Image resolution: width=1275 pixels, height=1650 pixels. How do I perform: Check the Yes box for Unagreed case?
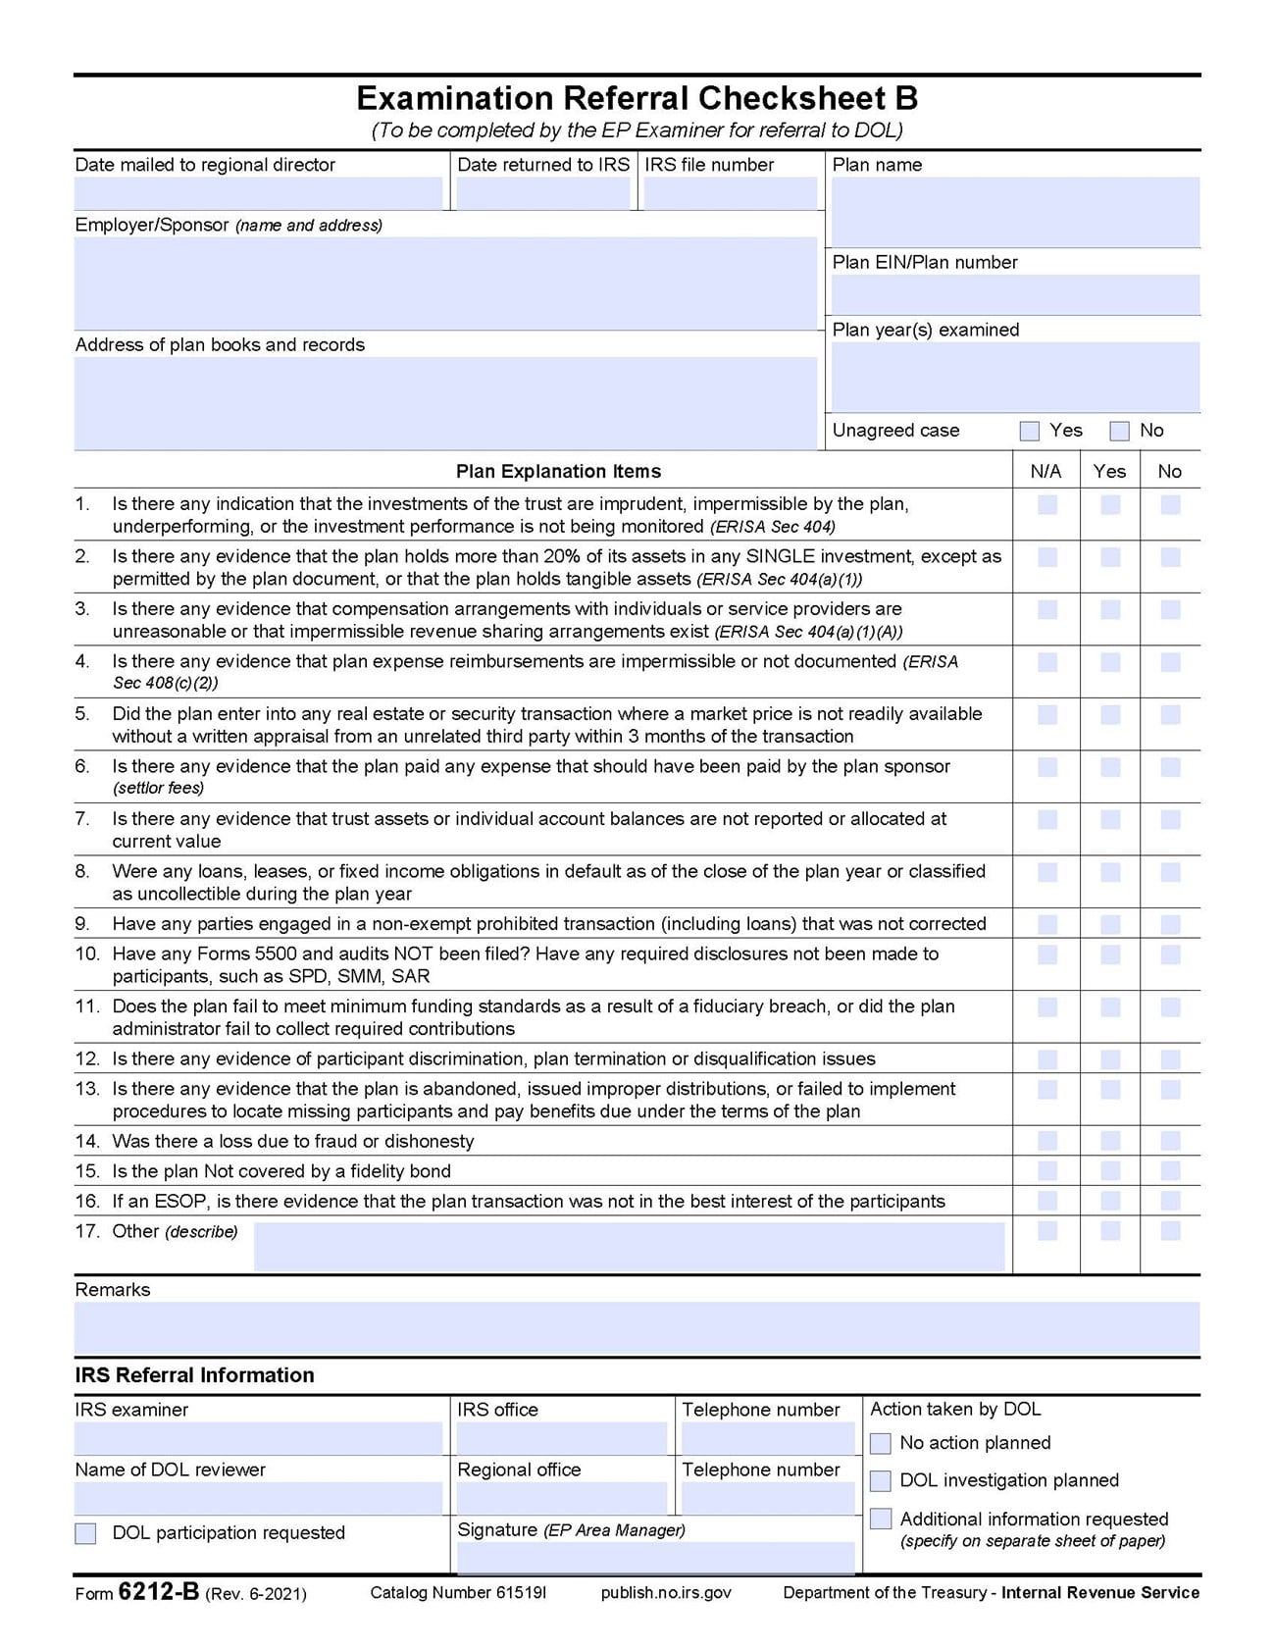pos(1029,431)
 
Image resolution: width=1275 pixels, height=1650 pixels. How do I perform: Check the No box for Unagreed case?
pos(1119,431)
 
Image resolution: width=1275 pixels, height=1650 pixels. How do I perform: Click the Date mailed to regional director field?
pos(258,193)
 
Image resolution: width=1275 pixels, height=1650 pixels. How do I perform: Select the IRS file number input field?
pos(730,193)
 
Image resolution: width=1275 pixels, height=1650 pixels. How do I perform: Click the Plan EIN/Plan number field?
pos(1015,294)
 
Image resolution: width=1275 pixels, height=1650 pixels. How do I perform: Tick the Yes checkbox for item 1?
pos(1110,505)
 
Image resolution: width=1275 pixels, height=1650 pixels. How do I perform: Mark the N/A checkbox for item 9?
pos(1047,924)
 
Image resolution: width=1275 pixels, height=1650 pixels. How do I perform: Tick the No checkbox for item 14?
pos(1170,1141)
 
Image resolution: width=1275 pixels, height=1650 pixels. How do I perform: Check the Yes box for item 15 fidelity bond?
pos(1110,1171)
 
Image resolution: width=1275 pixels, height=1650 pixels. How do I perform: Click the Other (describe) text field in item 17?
pos(629,1246)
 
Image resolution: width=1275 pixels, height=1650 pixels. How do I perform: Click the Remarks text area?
pos(637,1327)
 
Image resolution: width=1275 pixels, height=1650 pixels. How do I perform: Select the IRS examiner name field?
pos(258,1438)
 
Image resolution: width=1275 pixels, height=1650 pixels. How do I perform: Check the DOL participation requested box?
pos(86,1533)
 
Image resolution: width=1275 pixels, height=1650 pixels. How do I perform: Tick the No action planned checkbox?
pos(881,1443)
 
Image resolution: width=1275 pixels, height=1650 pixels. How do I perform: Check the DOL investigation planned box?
pos(881,1480)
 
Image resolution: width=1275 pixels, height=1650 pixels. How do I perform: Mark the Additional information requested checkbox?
pos(881,1519)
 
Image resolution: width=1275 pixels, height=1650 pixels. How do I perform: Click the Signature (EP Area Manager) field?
pos(655,1557)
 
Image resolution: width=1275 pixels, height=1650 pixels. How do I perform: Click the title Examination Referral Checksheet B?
pos(637,98)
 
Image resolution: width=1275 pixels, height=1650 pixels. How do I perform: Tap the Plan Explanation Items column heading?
pos(558,472)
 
